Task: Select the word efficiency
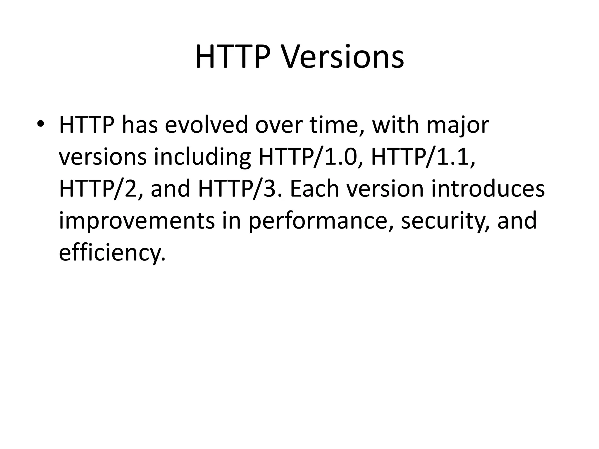[112, 253]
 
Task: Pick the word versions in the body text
[102, 157]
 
